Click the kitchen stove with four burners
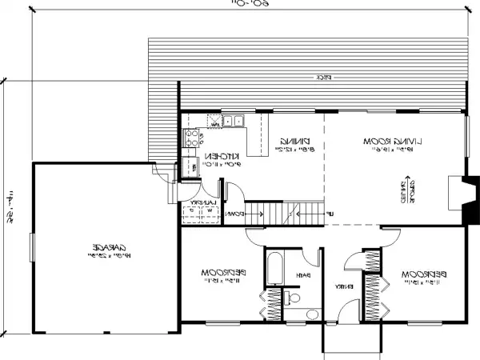click(190, 136)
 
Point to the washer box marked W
click(205, 212)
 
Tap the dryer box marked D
click(190, 212)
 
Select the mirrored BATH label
click(305, 276)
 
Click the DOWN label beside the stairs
click(234, 214)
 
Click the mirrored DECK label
click(324, 77)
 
